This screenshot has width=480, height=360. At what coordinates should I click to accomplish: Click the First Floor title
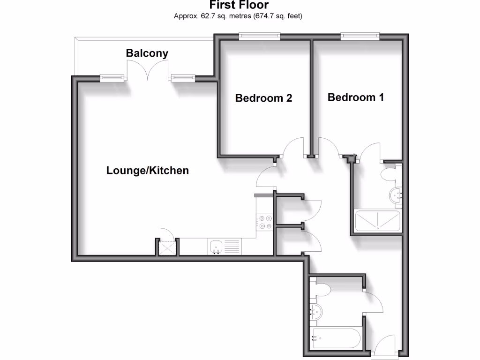pyautogui.click(x=239, y=5)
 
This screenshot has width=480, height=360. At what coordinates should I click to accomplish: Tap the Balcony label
pyautogui.click(x=147, y=53)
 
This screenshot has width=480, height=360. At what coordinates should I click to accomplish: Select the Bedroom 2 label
pyautogui.click(x=263, y=98)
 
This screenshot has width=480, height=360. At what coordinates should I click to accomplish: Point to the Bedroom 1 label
pyautogui.click(x=356, y=97)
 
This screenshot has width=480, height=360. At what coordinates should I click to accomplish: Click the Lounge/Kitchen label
pyautogui.click(x=148, y=171)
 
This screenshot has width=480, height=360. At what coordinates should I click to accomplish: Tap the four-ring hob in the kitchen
pyautogui.click(x=265, y=222)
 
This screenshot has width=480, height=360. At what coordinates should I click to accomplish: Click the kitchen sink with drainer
pyautogui.click(x=225, y=247)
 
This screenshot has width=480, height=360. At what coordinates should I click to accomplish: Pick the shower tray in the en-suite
pyautogui.click(x=377, y=221)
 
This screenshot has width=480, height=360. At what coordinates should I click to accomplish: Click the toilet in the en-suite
pyautogui.click(x=389, y=175)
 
